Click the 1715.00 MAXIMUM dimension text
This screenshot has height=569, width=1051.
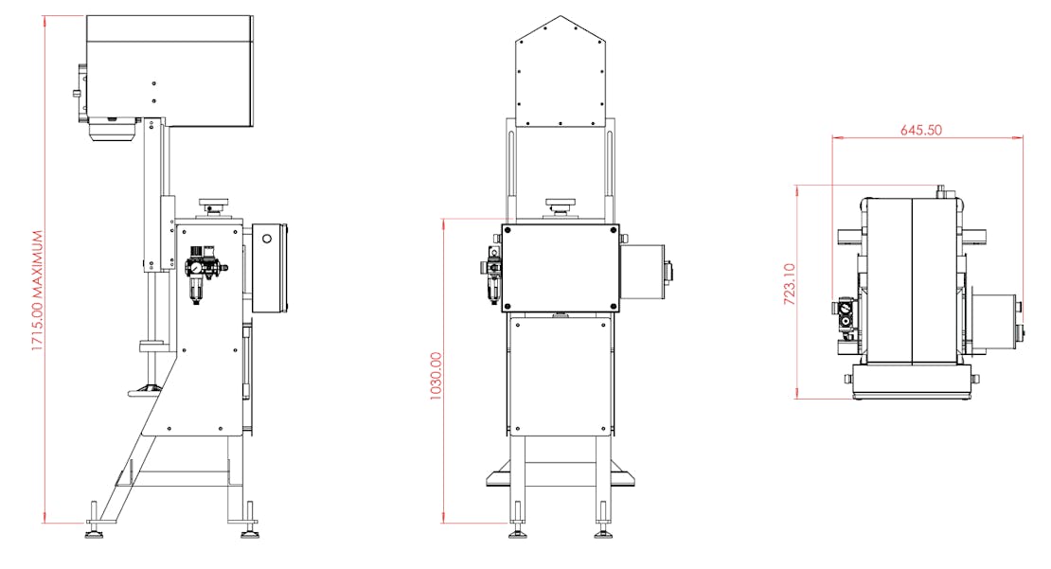click(38, 291)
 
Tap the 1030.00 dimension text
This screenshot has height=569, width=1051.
click(436, 377)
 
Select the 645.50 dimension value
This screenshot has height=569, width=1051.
click(921, 130)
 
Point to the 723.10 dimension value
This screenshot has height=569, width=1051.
click(790, 284)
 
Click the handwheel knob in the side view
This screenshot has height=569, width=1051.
click(214, 204)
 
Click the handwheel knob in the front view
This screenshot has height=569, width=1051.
click(561, 204)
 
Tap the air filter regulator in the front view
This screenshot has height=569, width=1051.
click(492, 274)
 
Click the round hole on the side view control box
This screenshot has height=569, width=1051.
click(267, 239)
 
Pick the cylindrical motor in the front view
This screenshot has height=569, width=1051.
click(646, 271)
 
